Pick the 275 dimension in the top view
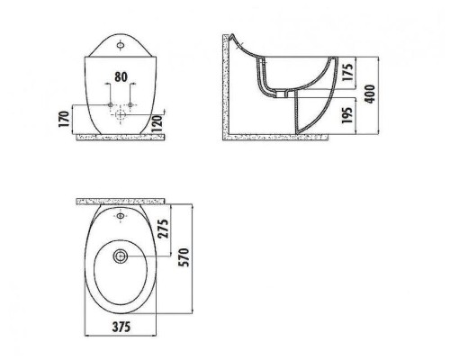[161, 229]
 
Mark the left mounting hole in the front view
[110, 106]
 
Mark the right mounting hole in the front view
[131, 106]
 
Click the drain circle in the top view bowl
[120, 256]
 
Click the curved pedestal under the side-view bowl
[301, 112]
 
